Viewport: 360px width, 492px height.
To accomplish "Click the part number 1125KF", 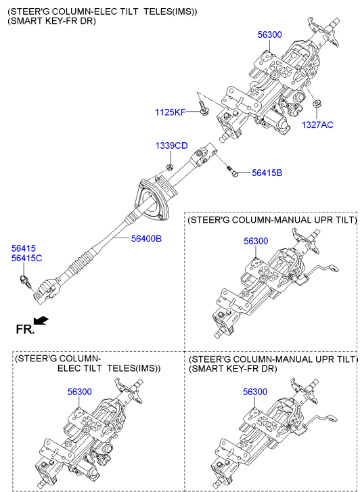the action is pyautogui.click(x=171, y=112).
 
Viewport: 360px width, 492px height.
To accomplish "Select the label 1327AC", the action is pyautogui.click(x=317, y=125).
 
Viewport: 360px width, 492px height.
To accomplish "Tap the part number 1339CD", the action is pyautogui.click(x=171, y=146).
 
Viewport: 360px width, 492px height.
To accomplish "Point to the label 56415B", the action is pyautogui.click(x=267, y=173).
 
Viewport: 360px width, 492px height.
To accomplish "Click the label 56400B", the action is pyautogui.click(x=146, y=239).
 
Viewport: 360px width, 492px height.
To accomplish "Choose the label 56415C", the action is pyautogui.click(x=26, y=259).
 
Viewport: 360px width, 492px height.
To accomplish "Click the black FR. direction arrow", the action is pyautogui.click(x=41, y=321).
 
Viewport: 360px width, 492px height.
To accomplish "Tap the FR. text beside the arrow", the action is pyautogui.click(x=25, y=329).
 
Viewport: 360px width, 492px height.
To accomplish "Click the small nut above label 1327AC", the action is pyautogui.click(x=317, y=104).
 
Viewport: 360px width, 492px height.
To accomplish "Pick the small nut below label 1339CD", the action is pyautogui.click(x=169, y=166).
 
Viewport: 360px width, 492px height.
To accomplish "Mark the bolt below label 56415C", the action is pyautogui.click(x=26, y=282).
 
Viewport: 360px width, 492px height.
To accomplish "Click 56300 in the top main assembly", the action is pyautogui.click(x=269, y=35).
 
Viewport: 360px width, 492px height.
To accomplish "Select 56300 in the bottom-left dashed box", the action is pyautogui.click(x=79, y=392).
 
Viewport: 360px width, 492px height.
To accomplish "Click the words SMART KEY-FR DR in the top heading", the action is pyautogui.click(x=52, y=22).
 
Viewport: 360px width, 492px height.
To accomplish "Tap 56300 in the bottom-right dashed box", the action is pyautogui.click(x=255, y=392).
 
